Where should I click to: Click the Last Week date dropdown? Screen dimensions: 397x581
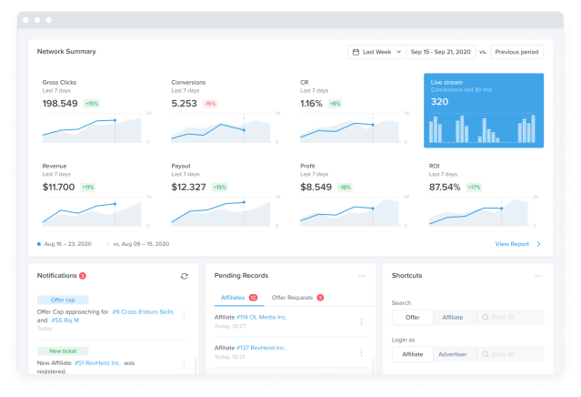pos(376,52)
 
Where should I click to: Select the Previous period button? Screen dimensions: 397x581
pos(516,52)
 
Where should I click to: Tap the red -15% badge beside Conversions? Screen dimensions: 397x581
pos(210,104)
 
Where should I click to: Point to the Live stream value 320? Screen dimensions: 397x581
pos(440,101)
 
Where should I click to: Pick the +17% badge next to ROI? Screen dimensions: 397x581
pos(474,187)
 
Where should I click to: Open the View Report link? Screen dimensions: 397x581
pos(512,244)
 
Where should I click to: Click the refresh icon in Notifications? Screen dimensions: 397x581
pos(185,276)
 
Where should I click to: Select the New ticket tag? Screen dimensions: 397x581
pos(63,351)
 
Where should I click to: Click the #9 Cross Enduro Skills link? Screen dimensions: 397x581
pos(143,311)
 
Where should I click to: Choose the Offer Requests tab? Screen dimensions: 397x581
pos(293,298)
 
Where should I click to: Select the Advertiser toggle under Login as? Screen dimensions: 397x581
pos(453,353)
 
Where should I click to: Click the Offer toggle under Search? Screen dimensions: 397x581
pos(412,318)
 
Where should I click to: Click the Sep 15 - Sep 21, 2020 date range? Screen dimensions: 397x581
pos(440,52)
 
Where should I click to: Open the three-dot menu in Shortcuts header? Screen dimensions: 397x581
pos(539,275)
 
